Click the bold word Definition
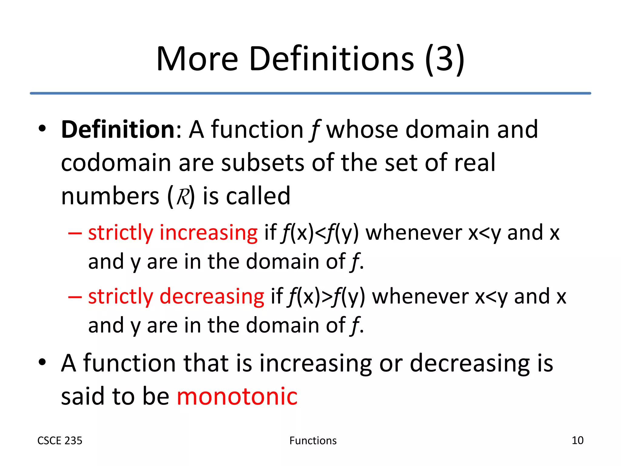[x=118, y=130]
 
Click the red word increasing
[x=209, y=233]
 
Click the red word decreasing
[x=212, y=296]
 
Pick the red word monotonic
[x=237, y=396]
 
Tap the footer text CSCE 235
[x=60, y=441]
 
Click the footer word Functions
[x=313, y=441]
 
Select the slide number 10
[x=577, y=440]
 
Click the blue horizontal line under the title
[x=310, y=93]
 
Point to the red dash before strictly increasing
[x=75, y=234]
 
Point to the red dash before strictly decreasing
[x=75, y=297]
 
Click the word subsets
[x=263, y=163]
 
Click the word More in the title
[x=197, y=59]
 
